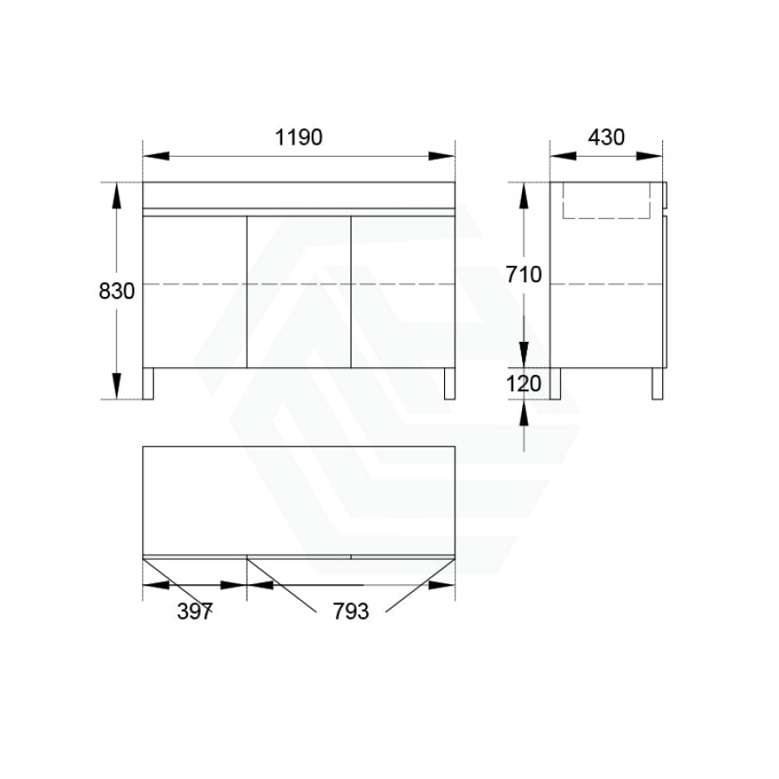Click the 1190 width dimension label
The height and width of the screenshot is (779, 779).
(299, 137)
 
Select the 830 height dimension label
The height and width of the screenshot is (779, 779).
(117, 291)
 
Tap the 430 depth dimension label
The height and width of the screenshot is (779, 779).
(606, 137)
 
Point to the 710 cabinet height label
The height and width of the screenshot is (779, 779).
(524, 274)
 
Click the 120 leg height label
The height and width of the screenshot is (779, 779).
(524, 383)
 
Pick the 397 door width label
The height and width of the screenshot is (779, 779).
(195, 612)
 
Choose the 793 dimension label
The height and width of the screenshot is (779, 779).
(351, 612)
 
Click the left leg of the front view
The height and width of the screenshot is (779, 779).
(148, 383)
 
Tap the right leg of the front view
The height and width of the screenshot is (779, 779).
(449, 383)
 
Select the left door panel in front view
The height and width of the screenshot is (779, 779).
(195, 293)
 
